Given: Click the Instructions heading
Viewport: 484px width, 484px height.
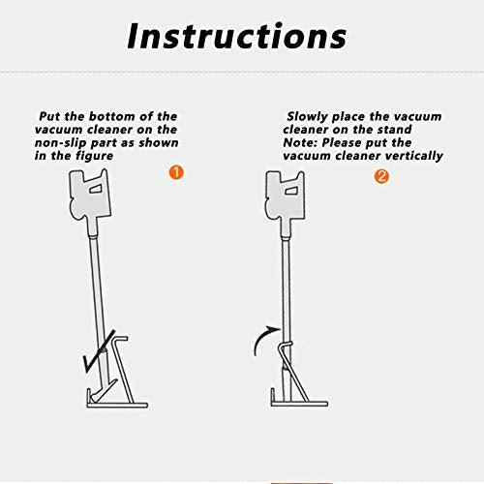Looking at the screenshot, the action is (x=237, y=36).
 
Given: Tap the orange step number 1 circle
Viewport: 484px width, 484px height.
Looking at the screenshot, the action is (x=176, y=172).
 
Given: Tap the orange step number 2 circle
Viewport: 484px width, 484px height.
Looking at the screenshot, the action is (x=381, y=176).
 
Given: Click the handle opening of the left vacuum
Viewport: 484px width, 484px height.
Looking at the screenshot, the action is (x=96, y=189).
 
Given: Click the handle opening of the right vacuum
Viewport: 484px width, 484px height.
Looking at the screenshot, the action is (x=291, y=191).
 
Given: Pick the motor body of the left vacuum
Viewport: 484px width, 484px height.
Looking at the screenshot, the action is (x=90, y=196).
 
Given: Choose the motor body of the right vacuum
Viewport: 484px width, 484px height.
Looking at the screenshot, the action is (x=286, y=197).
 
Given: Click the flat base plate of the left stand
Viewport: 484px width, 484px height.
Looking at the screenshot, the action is (x=117, y=405).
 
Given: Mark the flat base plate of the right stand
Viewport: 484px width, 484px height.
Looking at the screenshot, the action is (x=299, y=404).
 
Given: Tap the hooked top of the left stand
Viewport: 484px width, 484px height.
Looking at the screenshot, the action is (x=120, y=339).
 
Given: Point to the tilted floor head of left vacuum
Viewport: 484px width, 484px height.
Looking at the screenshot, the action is (x=103, y=391).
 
